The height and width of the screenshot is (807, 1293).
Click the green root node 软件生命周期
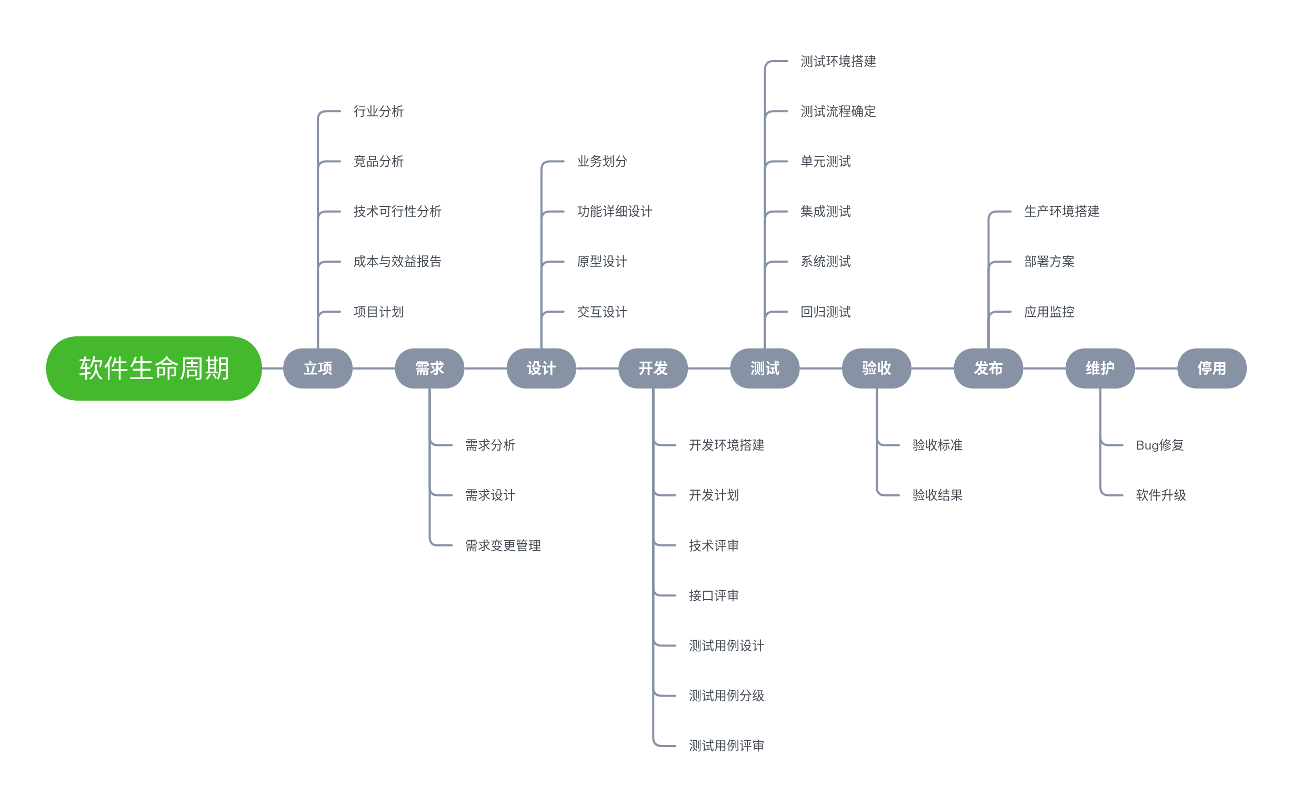pyautogui.click(x=154, y=368)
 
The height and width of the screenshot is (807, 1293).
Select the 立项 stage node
pyautogui.click(x=317, y=368)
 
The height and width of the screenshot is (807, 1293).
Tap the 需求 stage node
pyautogui.click(x=429, y=368)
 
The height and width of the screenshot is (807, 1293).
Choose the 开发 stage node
pyautogui.click(x=653, y=368)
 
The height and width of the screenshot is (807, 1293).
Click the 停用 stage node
pyautogui.click(x=1211, y=368)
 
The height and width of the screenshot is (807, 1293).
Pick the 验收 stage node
pyautogui.click(x=876, y=368)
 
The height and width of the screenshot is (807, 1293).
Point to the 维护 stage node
pyautogui.click(x=1100, y=368)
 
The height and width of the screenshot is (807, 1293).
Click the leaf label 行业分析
pyautogui.click(x=378, y=112)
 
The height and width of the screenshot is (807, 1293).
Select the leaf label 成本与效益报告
pyautogui.click(x=397, y=262)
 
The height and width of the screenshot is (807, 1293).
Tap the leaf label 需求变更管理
pyautogui.click(x=503, y=545)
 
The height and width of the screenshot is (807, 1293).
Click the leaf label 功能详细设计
pyautogui.click(x=615, y=212)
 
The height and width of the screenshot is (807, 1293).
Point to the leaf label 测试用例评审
pyautogui.click(x=727, y=745)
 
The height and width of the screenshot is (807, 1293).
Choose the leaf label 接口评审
pyautogui.click(x=714, y=596)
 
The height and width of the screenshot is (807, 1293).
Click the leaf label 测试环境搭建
pyautogui.click(x=838, y=62)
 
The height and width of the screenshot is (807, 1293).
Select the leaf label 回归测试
pyautogui.click(x=826, y=312)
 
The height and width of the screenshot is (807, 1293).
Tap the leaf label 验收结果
pyautogui.click(x=937, y=495)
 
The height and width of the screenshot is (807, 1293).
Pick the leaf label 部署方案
pyautogui.click(x=1049, y=262)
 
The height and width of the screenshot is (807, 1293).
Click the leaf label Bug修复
pyautogui.click(x=1160, y=445)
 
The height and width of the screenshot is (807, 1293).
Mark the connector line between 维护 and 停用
pyautogui.click(x=1156, y=368)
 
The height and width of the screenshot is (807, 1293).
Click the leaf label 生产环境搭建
pyautogui.click(x=1061, y=212)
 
